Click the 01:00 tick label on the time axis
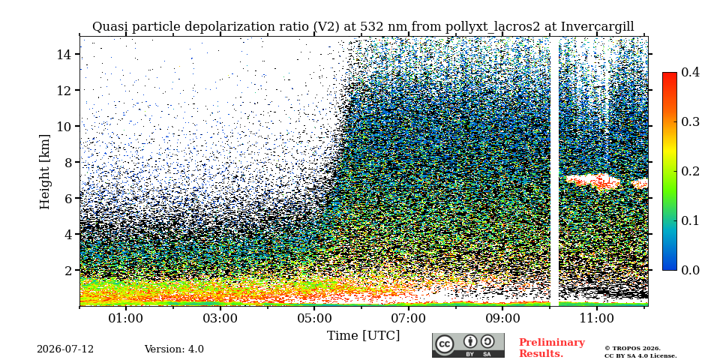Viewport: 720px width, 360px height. [126, 318]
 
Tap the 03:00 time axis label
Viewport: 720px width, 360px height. [220, 318]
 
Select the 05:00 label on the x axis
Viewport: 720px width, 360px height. [314, 318]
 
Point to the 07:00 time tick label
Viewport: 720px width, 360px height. [408, 318]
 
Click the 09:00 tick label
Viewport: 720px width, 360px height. [502, 318]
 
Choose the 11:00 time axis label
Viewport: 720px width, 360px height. [596, 318]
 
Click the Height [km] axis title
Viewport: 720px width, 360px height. [44, 172]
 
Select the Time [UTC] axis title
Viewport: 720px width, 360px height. [363, 336]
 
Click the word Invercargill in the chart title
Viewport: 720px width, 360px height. [598, 27]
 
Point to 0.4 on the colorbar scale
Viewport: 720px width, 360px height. [690, 72]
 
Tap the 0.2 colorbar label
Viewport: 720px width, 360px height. [690, 171]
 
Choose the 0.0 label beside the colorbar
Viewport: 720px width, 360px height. [690, 270]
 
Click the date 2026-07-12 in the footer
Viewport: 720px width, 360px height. [65, 349]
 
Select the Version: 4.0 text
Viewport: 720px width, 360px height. [174, 349]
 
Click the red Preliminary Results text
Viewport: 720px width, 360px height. [552, 347]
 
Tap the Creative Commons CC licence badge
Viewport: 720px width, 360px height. [468, 345]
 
